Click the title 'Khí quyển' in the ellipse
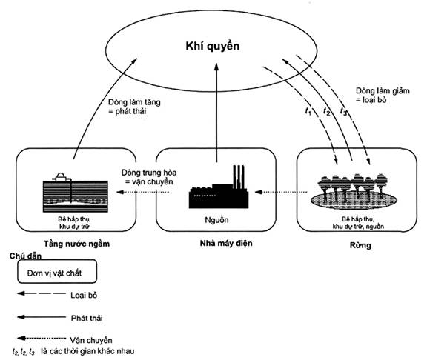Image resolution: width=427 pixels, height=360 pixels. point(213,46)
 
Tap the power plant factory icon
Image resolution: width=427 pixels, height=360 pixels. point(219,190)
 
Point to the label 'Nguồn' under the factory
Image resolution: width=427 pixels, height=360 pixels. point(216,220)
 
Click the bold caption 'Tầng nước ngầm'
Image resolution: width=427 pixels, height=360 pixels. point(77,244)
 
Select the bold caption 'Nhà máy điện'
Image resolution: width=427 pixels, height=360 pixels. point(226,243)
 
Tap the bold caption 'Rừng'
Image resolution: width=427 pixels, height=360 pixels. point(360,245)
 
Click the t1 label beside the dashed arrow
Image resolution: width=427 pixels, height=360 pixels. point(308,111)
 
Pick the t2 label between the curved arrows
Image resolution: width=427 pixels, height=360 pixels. point(326,111)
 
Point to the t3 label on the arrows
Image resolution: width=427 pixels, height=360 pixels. point(344,111)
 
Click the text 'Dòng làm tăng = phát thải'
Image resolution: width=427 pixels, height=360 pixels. point(134,107)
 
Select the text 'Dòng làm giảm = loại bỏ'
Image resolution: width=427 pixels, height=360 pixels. point(383,96)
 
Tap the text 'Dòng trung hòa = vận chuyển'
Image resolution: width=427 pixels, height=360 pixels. point(149,177)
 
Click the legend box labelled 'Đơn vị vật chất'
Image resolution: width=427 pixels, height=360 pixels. point(57,272)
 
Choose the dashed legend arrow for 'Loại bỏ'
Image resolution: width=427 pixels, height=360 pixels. point(42,293)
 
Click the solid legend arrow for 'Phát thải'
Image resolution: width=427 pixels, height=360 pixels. point(42,317)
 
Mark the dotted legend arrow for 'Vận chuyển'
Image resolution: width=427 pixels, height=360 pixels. point(42,339)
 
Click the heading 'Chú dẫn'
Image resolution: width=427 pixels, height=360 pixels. point(25,256)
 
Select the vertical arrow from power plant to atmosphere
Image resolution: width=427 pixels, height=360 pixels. point(216,113)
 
